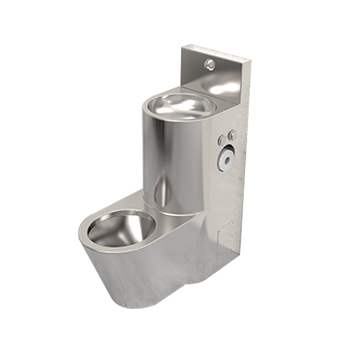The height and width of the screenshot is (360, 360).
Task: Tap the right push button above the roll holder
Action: pos(232,135)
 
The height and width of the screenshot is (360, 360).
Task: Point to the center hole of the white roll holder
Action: pos(227,157)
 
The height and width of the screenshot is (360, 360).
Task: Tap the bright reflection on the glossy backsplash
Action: pos(227,85)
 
